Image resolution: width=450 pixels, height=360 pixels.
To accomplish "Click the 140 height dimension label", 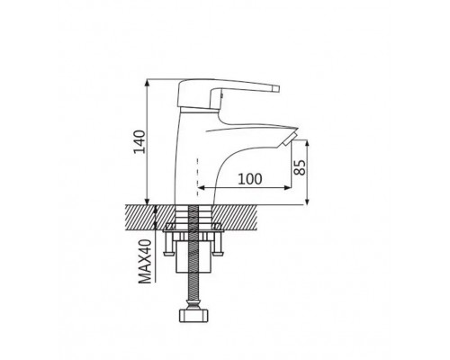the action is tap(139, 141).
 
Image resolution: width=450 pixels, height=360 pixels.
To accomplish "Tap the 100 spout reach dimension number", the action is tap(250, 179).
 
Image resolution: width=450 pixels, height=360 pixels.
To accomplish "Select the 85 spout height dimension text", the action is tap(300, 167).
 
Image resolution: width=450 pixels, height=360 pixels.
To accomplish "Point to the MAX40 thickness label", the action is tap(146, 261).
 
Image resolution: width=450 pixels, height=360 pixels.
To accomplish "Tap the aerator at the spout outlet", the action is tap(290, 139).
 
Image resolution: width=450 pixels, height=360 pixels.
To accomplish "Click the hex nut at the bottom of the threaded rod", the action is tap(193, 316).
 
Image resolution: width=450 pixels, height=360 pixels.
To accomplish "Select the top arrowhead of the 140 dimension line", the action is tap(147, 83).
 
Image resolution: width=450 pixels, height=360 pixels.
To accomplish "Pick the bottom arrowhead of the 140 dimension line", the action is tap(147, 202).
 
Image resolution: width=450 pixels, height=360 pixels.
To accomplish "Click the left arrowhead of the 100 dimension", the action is tap(202, 188).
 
